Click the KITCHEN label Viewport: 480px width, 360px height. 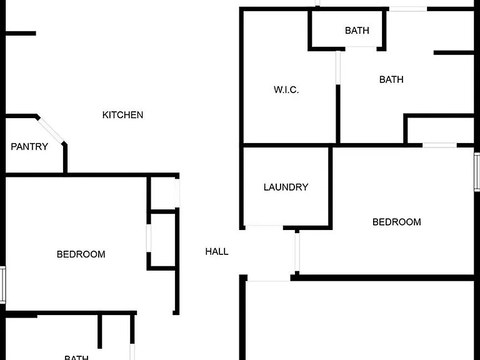pos(122,115)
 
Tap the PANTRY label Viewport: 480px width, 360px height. pos(29,147)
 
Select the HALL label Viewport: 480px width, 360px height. pos(217,252)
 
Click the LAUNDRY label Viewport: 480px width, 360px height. pos(286,187)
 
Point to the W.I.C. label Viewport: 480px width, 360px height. pos(286,90)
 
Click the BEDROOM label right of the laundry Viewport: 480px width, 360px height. pos(397,222)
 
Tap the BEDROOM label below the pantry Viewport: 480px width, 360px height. pos(81,254)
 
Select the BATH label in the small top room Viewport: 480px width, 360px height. pos(357,31)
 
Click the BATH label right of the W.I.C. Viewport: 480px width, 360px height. pos(391,79)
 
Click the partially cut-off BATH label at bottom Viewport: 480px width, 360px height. pos(76,357)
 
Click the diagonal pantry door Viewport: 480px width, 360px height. pos(51,131)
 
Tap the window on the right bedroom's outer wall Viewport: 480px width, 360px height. pos(477,172)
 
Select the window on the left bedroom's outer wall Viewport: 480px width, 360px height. pos(2,285)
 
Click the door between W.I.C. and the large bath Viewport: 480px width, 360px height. pos(338,67)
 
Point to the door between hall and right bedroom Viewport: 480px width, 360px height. pos(297,252)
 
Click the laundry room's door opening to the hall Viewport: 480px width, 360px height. pos(264,227)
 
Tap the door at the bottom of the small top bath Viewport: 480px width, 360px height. pos(361,47)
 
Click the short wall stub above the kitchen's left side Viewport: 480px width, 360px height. pos(21,33)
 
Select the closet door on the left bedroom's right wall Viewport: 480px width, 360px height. pos(149,238)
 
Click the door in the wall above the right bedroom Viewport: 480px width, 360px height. pos(439,146)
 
